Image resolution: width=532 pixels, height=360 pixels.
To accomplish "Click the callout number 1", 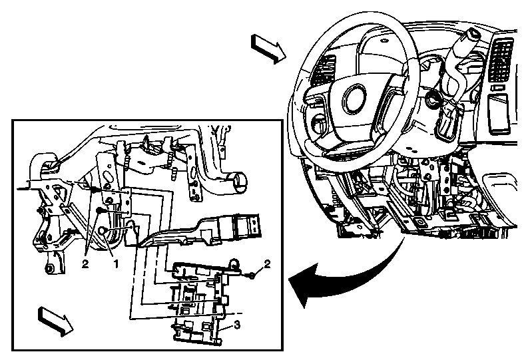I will click(116, 264).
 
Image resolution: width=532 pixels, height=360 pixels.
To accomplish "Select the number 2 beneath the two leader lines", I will click(85, 264).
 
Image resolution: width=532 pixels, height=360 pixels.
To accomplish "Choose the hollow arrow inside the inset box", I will click(52, 319).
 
